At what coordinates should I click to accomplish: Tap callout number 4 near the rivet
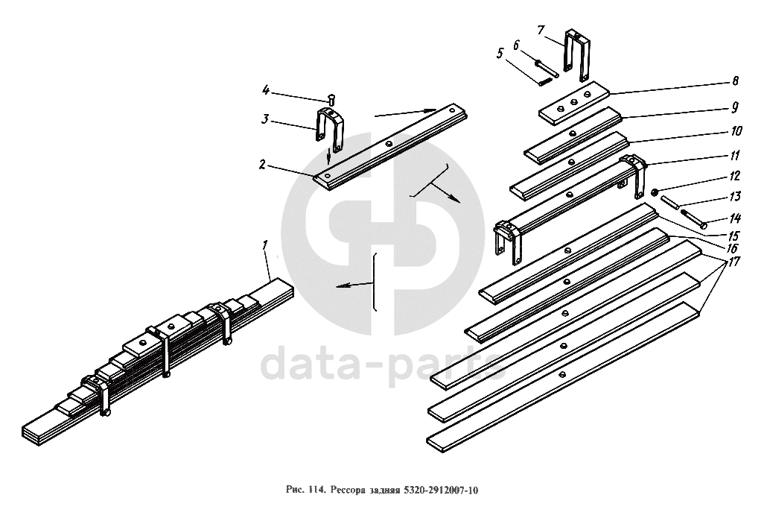tap(266, 89)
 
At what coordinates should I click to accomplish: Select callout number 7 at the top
tap(541, 30)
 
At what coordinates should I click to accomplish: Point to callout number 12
tap(735, 176)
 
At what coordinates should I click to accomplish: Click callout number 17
tap(733, 262)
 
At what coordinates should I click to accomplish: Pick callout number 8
tap(735, 81)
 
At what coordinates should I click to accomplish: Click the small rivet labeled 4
tap(331, 99)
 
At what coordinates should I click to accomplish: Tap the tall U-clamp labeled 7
tap(577, 55)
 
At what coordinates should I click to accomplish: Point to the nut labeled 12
tap(655, 192)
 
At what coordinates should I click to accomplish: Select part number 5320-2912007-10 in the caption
tap(440, 490)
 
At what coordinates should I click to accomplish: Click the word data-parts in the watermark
tap(383, 364)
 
